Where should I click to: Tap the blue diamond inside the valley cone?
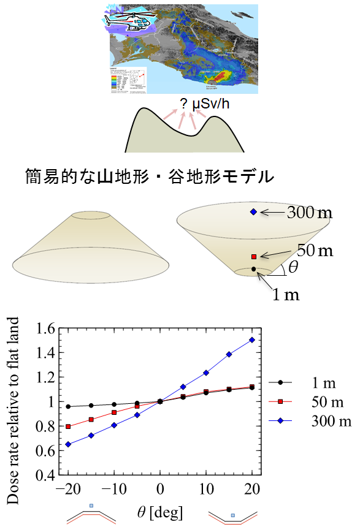[253, 212]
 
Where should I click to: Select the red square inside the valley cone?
[253, 256]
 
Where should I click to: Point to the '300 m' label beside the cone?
[310, 213]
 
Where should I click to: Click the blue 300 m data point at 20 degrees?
[251, 339]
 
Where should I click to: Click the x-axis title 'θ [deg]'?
[161, 510]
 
